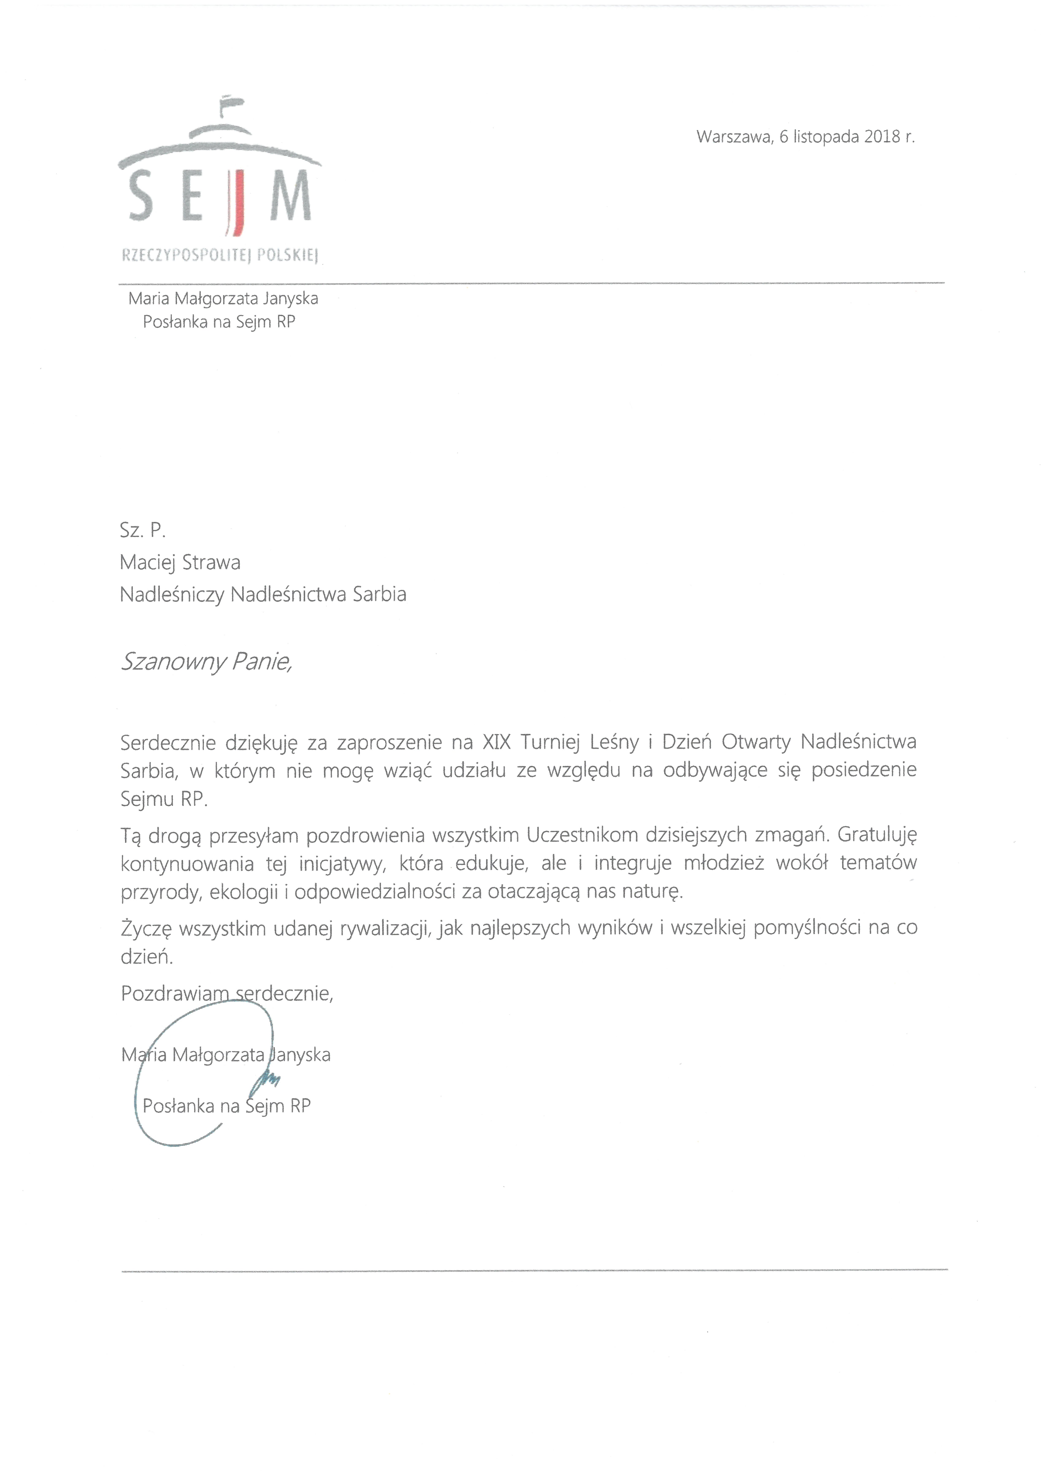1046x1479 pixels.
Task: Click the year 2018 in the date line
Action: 882,137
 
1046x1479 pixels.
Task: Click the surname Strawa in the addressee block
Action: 211,562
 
